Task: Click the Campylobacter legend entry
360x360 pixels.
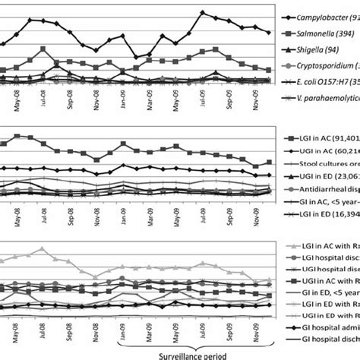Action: [320, 16]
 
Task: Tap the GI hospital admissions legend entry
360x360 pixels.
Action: [320, 343]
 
